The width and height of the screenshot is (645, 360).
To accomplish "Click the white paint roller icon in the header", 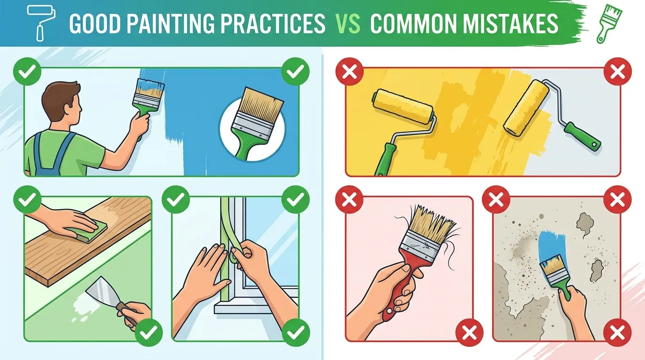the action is point(41,22).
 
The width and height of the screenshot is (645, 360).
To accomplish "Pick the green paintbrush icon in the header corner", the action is point(609,23).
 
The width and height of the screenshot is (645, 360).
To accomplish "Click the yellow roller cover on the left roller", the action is point(403,106).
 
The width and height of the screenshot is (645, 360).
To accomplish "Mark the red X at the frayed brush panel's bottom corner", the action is point(469,333).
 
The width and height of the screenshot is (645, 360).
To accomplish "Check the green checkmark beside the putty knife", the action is point(149,333).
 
